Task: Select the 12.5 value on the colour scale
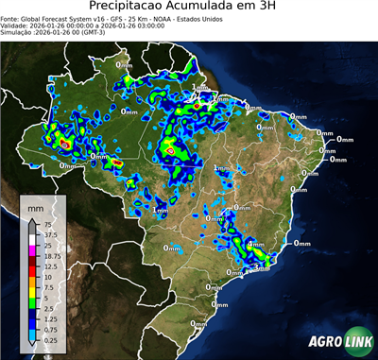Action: coord(48,266)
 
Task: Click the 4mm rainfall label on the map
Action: coord(255,245)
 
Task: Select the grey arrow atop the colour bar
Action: coord(31,223)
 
